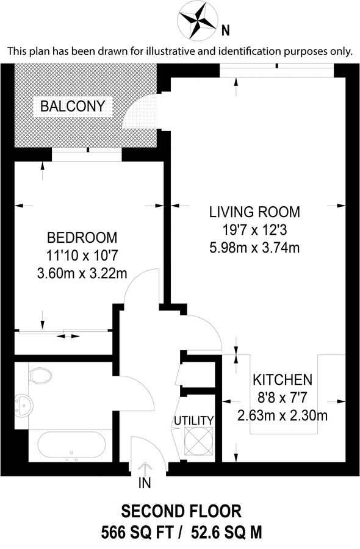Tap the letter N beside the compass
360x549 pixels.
click(226, 29)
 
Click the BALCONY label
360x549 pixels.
click(73, 107)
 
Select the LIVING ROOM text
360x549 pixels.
click(254, 212)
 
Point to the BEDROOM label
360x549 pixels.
click(82, 237)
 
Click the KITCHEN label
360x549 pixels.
click(283, 379)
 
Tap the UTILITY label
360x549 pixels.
click(194, 420)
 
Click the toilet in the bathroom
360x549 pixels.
click(40, 375)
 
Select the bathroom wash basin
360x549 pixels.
click(24, 404)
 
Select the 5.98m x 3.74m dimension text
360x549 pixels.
click(254, 248)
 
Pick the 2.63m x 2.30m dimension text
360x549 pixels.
click(283, 417)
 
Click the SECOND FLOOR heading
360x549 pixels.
click(181, 511)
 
